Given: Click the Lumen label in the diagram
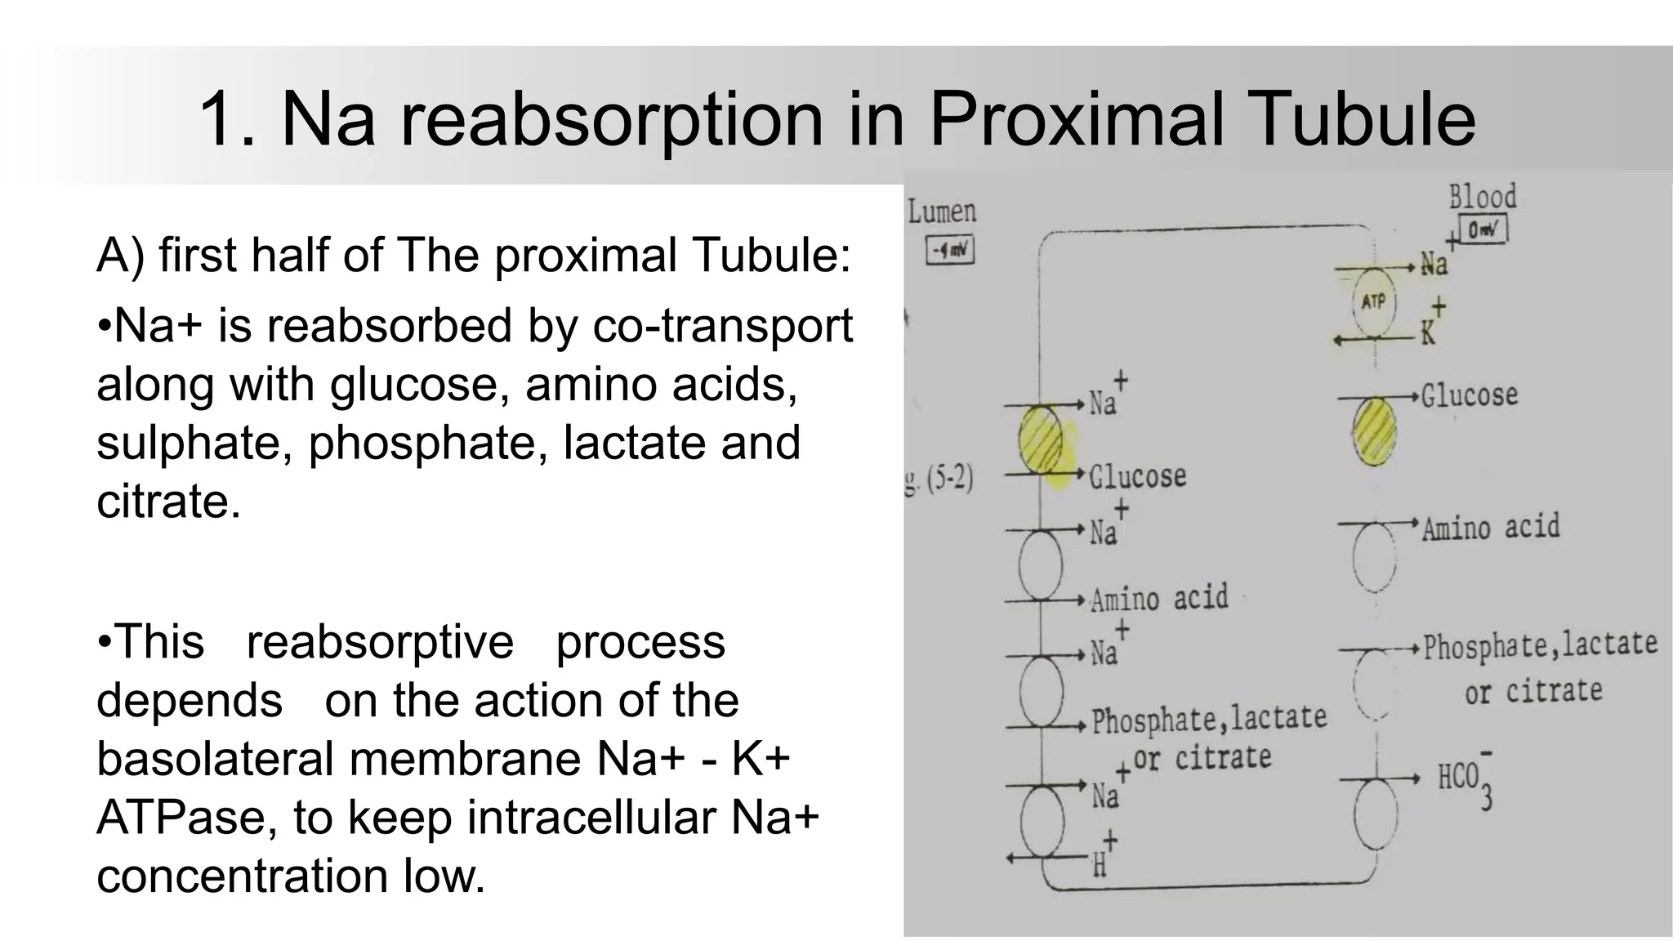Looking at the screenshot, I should pyautogui.click(x=942, y=212).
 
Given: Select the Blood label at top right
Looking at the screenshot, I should pyautogui.click(x=1482, y=197).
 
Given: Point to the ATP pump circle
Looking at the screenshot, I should pyautogui.click(x=1374, y=302).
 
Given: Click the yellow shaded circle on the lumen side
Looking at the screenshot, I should pyautogui.click(x=1041, y=439).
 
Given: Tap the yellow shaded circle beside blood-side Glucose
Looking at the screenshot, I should pyautogui.click(x=1374, y=430).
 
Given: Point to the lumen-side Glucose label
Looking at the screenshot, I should pyautogui.click(x=1137, y=476).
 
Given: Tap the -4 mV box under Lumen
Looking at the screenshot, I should pyautogui.click(x=950, y=251).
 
